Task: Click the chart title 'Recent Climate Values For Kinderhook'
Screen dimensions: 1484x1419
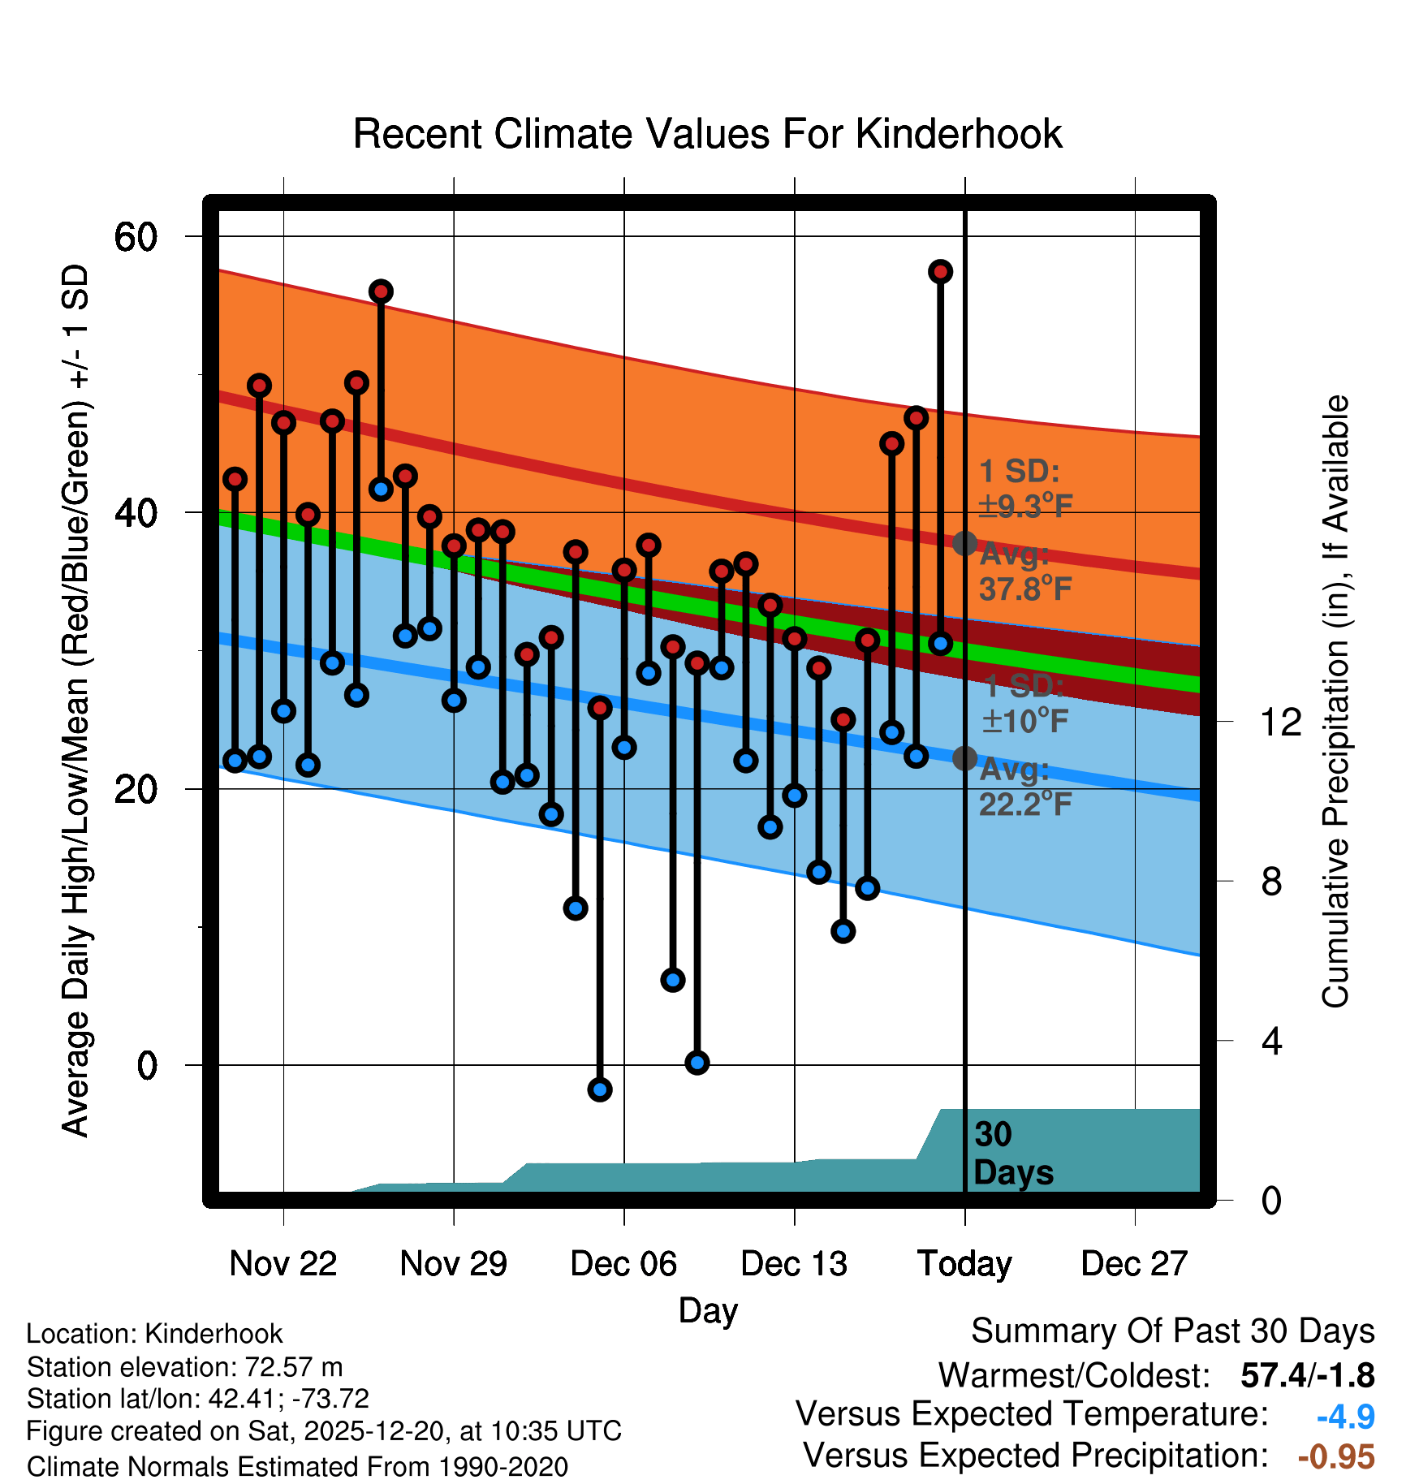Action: [707, 134]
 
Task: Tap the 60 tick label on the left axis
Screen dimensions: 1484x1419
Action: [136, 237]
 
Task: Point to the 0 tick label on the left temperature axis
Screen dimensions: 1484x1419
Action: [147, 1065]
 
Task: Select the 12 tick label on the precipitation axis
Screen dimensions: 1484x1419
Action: [1281, 722]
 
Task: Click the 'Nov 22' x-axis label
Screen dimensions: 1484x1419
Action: [283, 1264]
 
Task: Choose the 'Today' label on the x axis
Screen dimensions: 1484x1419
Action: [964, 1264]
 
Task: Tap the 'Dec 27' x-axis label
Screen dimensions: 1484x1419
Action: [1134, 1264]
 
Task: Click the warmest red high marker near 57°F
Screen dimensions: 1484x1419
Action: [940, 272]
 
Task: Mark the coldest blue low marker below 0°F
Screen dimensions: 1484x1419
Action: [600, 1089]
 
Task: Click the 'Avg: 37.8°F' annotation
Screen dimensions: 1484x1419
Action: [1024, 572]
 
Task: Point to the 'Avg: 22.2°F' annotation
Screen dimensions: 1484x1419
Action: [1024, 787]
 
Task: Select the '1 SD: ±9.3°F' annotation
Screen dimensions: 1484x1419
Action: [1024, 489]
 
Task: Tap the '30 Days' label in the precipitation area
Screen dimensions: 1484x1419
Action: [1012, 1154]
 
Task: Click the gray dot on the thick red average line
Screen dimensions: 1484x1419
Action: [964, 543]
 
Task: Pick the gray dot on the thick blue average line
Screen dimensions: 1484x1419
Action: [964, 758]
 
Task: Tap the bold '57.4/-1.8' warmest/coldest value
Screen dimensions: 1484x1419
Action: [1307, 1375]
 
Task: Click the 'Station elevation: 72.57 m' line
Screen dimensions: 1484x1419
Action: [184, 1367]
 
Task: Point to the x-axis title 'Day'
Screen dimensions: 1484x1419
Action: [708, 1310]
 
